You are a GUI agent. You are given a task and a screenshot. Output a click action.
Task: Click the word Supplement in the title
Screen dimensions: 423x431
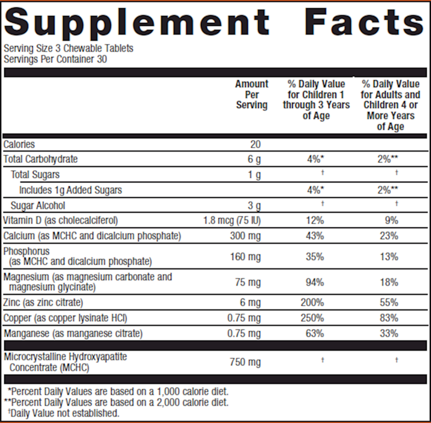[137, 22]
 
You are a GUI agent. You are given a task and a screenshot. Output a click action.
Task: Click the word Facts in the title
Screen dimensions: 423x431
[366, 22]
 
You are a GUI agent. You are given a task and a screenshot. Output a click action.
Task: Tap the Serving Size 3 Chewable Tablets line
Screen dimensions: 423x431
[68, 48]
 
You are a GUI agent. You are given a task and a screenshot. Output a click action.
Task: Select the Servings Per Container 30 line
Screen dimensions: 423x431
[55, 59]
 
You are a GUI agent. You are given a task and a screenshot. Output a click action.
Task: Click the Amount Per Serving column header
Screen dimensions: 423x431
[252, 94]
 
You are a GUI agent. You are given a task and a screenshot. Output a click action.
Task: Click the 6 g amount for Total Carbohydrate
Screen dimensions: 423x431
[254, 160]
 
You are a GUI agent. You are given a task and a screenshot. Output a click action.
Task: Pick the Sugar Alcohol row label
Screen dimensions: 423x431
[38, 206]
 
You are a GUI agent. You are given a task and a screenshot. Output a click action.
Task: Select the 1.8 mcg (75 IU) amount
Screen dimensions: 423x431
[232, 221]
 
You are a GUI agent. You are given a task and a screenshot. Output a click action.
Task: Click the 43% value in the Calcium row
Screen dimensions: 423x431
[315, 236]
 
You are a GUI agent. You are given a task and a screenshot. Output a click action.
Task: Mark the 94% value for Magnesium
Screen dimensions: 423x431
[315, 282]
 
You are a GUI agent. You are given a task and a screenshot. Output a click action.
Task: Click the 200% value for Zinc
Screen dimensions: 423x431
[312, 303]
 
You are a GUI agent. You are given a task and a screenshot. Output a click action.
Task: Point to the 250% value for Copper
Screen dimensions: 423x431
[312, 318]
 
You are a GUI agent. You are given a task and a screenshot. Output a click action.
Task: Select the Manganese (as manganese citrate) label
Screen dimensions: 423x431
[73, 334]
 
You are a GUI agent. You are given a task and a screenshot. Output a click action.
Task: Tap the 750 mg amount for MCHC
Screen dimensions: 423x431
[246, 362]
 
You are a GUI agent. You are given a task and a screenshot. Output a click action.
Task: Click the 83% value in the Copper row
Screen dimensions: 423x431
[389, 318]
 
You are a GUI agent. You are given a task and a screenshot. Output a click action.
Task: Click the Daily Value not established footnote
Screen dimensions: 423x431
[63, 414]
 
